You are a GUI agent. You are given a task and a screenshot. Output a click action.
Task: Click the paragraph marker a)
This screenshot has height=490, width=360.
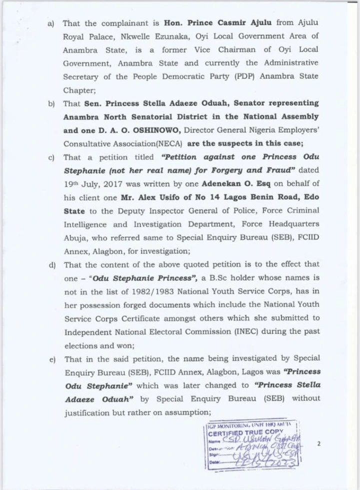pyautogui.click(x=51, y=24)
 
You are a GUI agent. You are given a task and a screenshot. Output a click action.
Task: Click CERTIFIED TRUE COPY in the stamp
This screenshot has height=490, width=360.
pyautogui.click(x=244, y=433)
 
